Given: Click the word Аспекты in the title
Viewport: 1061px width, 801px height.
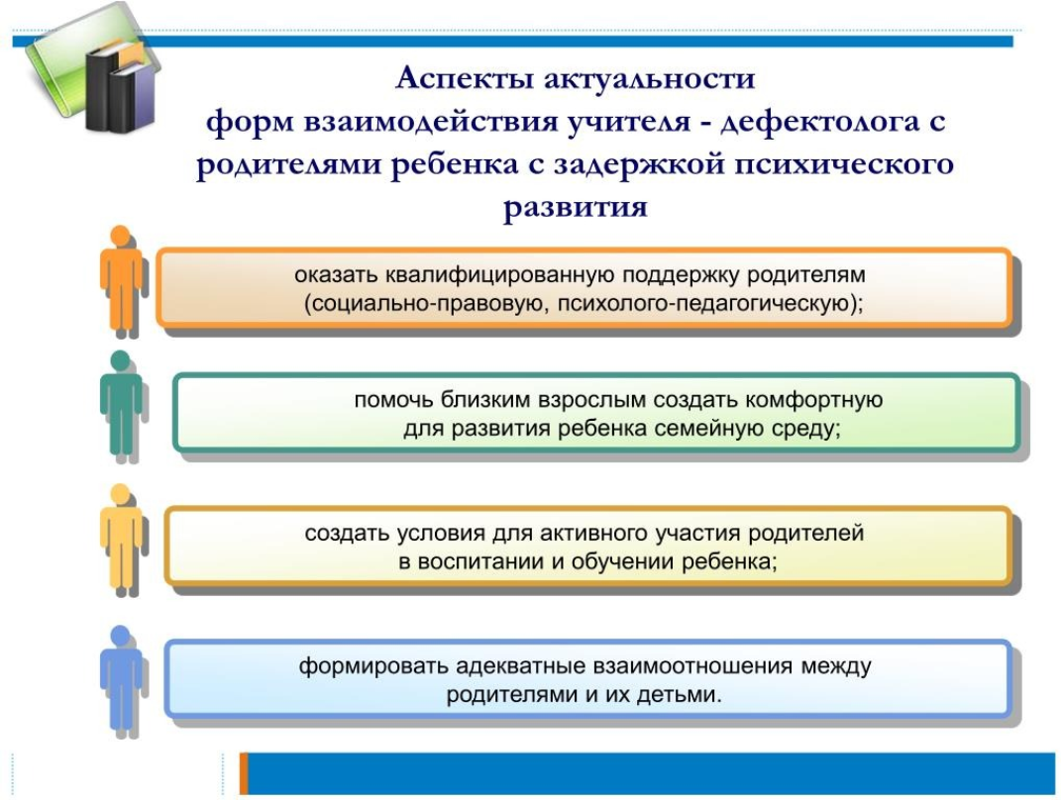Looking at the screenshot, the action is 464,78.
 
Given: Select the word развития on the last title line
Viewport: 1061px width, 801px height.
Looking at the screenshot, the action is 576,206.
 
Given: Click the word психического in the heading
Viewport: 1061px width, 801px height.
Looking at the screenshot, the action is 844,164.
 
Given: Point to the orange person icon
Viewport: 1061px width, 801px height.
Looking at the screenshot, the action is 122,281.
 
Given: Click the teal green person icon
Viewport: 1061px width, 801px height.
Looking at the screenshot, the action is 122,406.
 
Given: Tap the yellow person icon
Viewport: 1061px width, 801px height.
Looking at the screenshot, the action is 122,540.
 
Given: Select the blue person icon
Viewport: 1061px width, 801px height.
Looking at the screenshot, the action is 122,680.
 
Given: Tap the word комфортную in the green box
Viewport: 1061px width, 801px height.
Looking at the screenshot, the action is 814,400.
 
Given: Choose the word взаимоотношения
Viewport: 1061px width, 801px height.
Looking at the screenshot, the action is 692,667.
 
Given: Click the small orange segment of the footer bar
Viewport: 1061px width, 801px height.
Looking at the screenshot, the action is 244,773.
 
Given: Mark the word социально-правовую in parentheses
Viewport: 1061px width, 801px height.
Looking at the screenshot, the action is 426,305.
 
